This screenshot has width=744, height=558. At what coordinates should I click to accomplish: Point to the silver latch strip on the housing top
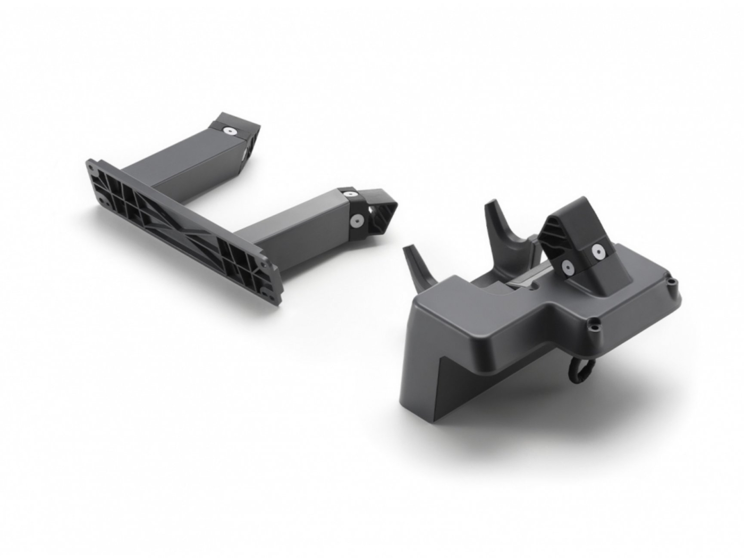[526, 279]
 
